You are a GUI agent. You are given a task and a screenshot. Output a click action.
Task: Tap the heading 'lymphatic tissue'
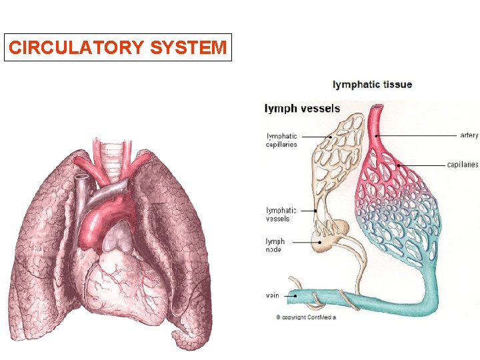pyautogui.click(x=372, y=85)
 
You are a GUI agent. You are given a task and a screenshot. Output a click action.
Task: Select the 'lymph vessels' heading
pyautogui.click(x=303, y=108)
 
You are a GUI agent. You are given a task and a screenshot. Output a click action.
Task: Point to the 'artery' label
pyautogui.click(x=469, y=135)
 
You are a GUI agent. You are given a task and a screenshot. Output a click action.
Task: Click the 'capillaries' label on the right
pyautogui.click(x=462, y=164)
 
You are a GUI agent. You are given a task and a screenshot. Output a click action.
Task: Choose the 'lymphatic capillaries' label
pyautogui.click(x=282, y=140)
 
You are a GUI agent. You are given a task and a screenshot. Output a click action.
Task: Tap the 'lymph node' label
pyautogui.click(x=275, y=245)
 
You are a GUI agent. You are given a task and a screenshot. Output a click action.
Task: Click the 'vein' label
pyautogui.click(x=273, y=294)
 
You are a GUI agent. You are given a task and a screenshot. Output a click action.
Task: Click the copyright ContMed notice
pyautogui.click(x=306, y=317)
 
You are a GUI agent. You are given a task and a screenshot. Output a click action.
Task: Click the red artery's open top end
pyautogui.click(x=379, y=108)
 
